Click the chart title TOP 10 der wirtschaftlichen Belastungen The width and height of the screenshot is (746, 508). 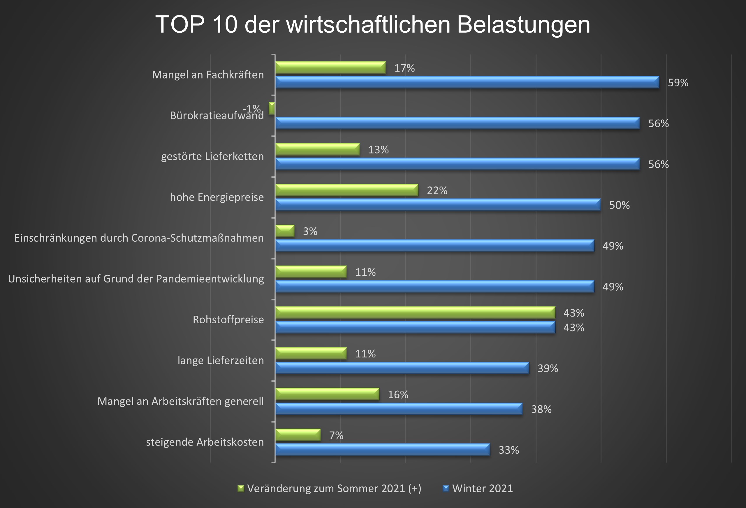[x=373, y=25]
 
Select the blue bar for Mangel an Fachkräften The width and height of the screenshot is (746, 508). [x=467, y=82]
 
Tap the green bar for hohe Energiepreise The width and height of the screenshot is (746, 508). [x=347, y=190]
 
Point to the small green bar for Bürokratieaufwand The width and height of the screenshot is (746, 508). [x=272, y=108]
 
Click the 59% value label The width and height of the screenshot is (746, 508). [x=678, y=83]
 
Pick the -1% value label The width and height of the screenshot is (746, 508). [x=252, y=108]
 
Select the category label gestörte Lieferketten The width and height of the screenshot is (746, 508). [x=212, y=156]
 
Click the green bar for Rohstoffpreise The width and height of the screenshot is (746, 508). [x=415, y=312]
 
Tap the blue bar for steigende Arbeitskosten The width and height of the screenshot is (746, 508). [x=383, y=450]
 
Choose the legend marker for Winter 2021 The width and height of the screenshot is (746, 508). [x=446, y=488]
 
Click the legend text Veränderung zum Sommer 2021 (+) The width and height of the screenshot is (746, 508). [x=334, y=488]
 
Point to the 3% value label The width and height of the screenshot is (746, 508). [x=310, y=231]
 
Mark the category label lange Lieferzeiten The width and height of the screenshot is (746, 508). [x=221, y=361]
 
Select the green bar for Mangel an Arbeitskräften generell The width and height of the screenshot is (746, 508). [x=327, y=394]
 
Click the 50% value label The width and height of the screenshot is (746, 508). [x=619, y=205]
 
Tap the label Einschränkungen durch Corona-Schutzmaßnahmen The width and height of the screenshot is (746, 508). [x=139, y=238]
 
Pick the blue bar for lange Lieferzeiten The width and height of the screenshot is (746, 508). [x=402, y=368]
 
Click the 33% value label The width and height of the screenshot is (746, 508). [x=509, y=450]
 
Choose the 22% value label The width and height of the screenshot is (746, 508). [x=437, y=191]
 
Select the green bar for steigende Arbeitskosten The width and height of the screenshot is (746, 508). [x=298, y=435]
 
